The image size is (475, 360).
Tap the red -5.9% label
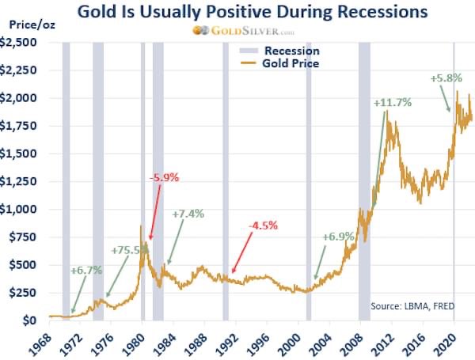[x=165, y=178]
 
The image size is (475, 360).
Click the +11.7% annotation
[x=393, y=102]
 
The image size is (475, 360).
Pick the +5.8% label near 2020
[x=446, y=78]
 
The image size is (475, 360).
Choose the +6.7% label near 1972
[x=86, y=270]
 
